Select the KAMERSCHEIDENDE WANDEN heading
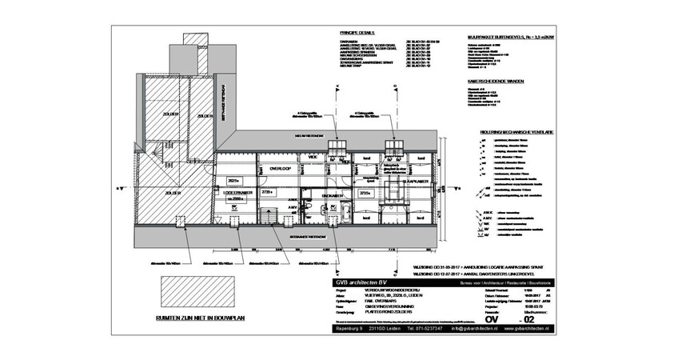tap(496, 81)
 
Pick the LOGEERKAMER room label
tap(237, 193)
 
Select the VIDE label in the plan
tap(313, 158)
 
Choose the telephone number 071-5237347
tap(423, 329)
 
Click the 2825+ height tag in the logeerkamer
tap(234, 180)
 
